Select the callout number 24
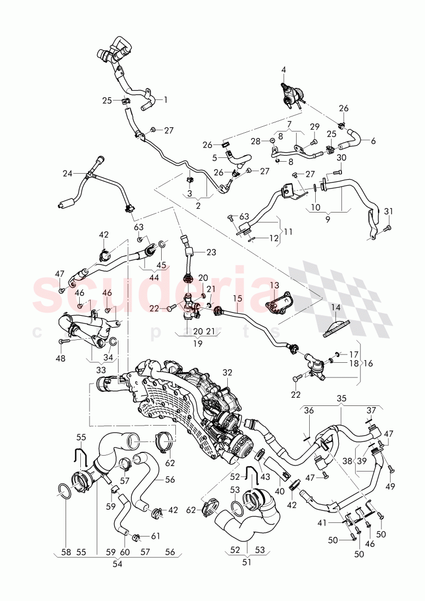tap(67, 174)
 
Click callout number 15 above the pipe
tap(237, 299)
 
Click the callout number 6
tap(373, 141)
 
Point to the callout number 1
tap(166, 99)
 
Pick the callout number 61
tap(156, 536)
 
